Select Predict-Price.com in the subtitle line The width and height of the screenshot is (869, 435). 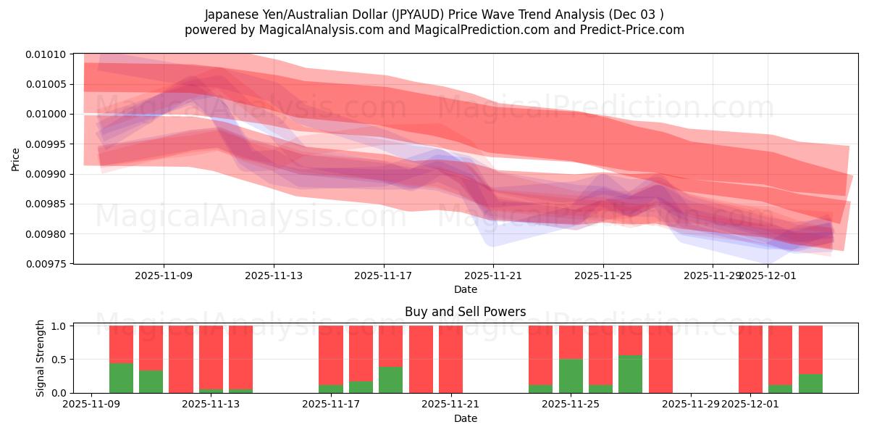634,30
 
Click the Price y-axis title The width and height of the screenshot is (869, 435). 16,159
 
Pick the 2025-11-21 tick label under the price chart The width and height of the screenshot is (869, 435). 493,275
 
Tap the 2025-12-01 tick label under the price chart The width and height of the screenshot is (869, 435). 768,275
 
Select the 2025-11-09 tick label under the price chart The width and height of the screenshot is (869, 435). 163,275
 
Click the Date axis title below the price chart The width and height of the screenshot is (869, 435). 465,289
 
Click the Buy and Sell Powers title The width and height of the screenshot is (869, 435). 465,312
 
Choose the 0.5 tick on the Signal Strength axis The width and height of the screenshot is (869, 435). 59,360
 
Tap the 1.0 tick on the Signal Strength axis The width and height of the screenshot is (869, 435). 59,326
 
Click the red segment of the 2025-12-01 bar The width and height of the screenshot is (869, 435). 750,359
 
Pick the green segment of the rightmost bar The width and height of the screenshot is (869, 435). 810,384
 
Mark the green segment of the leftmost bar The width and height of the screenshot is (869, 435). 121,378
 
